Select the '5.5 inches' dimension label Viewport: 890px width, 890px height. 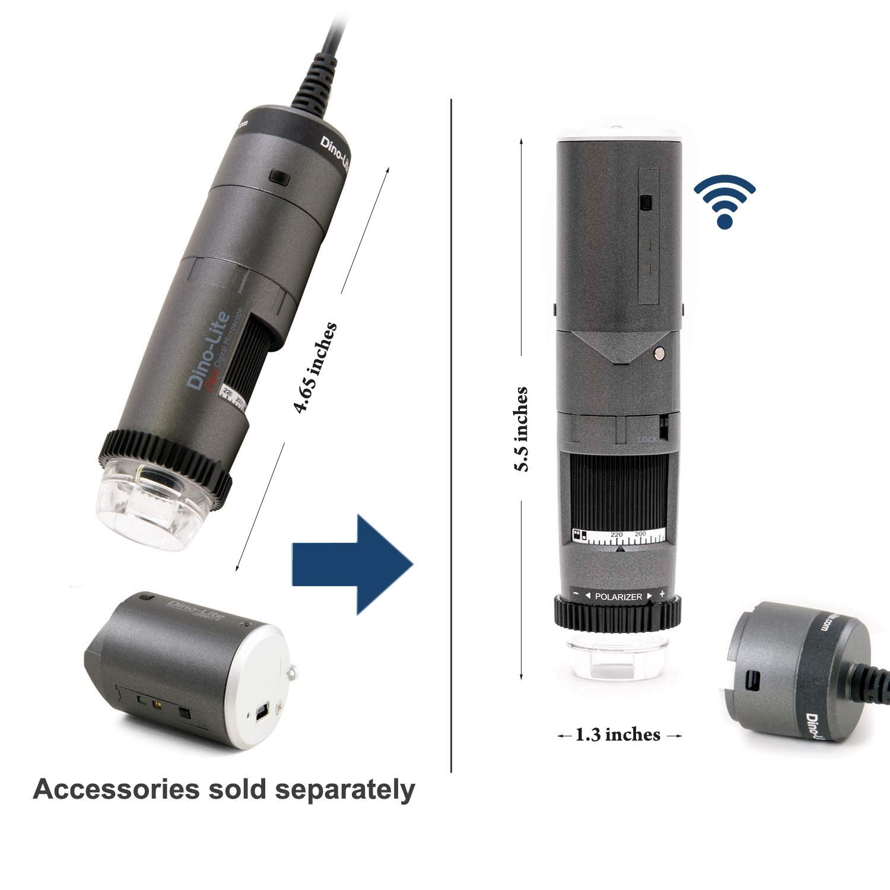pyautogui.click(x=522, y=429)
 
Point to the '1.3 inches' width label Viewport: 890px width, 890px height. pyautogui.click(x=618, y=735)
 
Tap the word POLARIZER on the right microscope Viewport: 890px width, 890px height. pyautogui.click(x=618, y=596)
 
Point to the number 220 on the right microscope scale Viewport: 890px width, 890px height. pyautogui.click(x=616, y=535)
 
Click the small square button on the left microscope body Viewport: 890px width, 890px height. pyautogui.click(x=276, y=177)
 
